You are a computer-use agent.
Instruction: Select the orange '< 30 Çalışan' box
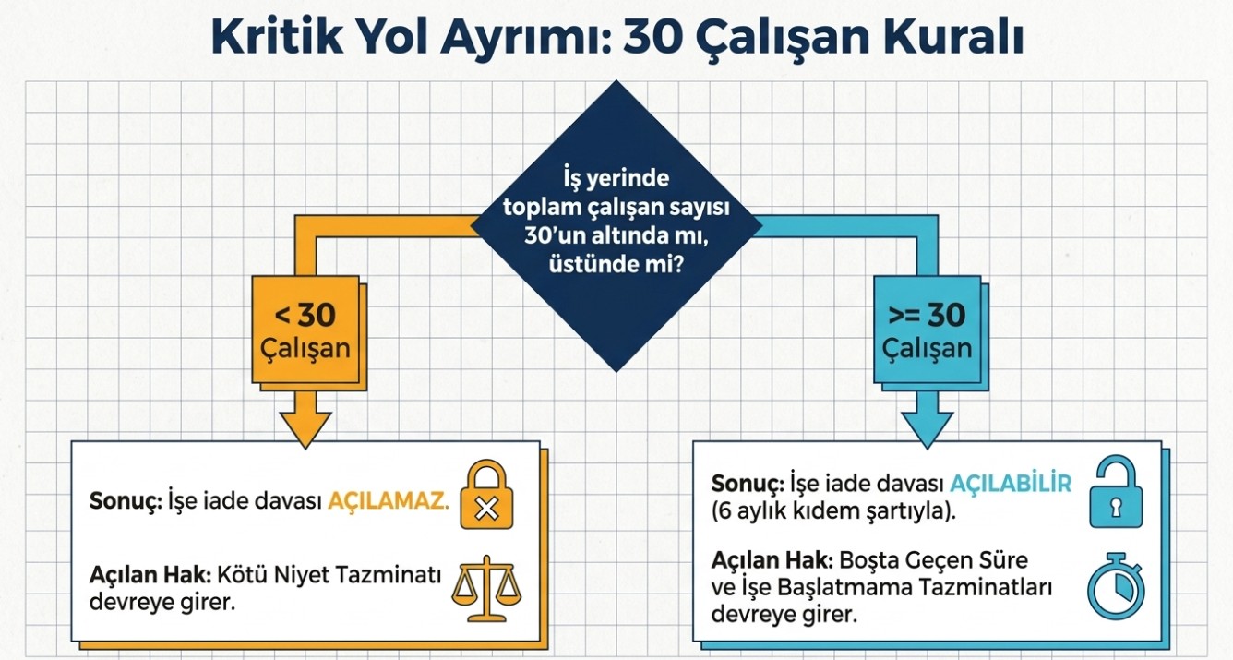305,330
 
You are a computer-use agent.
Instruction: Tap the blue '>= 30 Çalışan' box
926,330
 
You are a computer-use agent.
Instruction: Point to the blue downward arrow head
927,426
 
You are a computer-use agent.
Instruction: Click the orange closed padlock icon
486,498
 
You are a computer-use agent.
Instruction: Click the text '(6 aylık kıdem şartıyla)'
833,511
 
